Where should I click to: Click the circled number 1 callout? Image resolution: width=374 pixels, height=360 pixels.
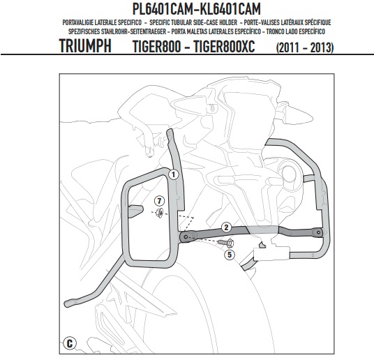pos(174,174)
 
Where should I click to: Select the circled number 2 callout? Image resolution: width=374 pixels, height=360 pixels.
pos(226,227)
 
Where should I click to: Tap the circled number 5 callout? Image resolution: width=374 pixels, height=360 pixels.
pos(230,255)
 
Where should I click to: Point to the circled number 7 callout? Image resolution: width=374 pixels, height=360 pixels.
pos(159,201)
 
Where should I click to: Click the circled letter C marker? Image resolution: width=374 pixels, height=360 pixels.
pos(70,344)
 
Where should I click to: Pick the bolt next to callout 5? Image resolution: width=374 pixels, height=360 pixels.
pos(227,243)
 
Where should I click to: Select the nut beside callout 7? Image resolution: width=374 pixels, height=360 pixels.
pos(159,212)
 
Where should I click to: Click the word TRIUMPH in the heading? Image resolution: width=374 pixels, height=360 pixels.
pos(85,46)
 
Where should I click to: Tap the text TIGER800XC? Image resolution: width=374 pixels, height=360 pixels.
pos(224,46)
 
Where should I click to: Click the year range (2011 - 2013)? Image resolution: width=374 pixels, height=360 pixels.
pos(305,47)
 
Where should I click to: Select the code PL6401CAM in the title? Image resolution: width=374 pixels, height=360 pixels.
pos(162,9)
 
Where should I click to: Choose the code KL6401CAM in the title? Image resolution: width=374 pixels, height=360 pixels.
pos(230,9)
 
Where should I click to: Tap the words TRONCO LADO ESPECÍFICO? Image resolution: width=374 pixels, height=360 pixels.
pos(296,31)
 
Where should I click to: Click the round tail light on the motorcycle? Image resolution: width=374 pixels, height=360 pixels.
pos(289,172)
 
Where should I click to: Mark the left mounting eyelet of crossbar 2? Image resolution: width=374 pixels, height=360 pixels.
pos(186,237)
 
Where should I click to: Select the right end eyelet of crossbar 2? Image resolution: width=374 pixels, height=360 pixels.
pos(318,232)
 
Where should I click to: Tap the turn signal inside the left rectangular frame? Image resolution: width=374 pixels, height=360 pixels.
pos(135,211)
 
